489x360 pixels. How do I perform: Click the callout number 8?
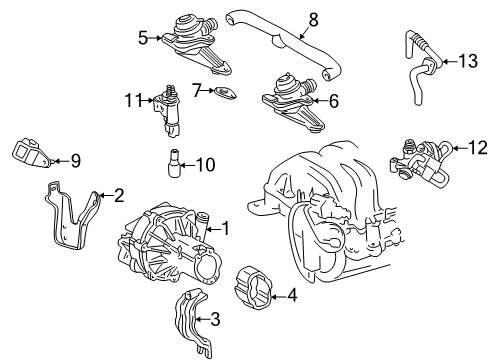(x=313, y=20)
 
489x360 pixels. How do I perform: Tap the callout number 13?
(x=468, y=61)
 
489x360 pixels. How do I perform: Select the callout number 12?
(x=478, y=148)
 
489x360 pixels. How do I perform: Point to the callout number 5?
(x=143, y=38)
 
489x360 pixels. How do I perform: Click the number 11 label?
(x=134, y=100)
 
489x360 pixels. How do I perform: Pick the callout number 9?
(x=76, y=161)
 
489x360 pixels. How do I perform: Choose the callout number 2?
(x=119, y=195)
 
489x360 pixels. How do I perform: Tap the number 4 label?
(x=292, y=295)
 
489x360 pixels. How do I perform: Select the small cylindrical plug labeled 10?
(x=174, y=163)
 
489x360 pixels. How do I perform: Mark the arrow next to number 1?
(x=213, y=229)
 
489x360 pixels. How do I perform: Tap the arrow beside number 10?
(x=187, y=165)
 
